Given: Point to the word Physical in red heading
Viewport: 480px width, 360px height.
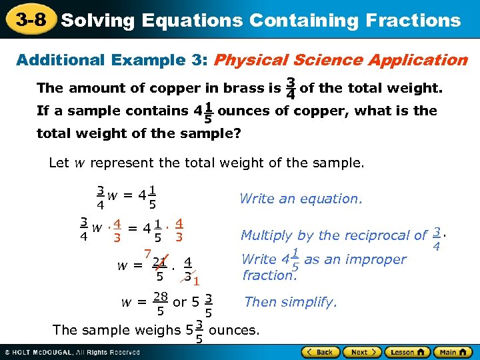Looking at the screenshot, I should (253, 61).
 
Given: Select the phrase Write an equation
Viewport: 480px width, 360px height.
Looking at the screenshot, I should (301, 198).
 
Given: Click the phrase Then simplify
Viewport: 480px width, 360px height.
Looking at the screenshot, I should (291, 302).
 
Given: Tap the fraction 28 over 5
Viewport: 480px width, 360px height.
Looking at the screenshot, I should (160, 303).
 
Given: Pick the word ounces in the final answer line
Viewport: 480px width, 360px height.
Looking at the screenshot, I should (235, 329).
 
